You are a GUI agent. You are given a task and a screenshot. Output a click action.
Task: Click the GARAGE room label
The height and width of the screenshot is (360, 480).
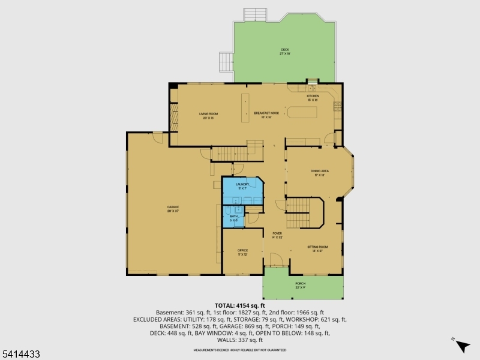tap(173, 208)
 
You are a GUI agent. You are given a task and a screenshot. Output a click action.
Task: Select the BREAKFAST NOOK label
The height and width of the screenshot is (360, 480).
tap(266, 113)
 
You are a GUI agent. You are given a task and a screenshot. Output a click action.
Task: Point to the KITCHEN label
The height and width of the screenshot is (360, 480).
tap(313, 96)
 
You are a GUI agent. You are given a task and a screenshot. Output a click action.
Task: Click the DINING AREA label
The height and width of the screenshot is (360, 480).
tap(319, 172)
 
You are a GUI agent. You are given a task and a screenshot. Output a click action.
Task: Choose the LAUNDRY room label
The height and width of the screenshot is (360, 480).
tap(242, 185)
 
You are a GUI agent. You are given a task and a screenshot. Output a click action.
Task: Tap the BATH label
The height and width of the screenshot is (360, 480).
tap(233, 218)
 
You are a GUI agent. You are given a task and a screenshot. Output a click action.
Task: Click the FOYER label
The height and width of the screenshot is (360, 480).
tap(277, 233)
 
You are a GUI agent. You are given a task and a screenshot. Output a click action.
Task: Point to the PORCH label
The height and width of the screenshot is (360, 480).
tap(300, 284)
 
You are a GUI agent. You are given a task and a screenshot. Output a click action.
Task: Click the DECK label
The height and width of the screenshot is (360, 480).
tap(285, 50)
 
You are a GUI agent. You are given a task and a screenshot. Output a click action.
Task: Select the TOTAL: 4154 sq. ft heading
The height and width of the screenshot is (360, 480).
tap(239, 305)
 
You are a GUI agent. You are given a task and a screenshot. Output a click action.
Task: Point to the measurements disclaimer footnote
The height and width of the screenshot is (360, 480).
tap(239, 350)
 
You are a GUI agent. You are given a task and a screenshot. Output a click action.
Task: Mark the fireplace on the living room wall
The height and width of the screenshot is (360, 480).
tap(174, 117)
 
